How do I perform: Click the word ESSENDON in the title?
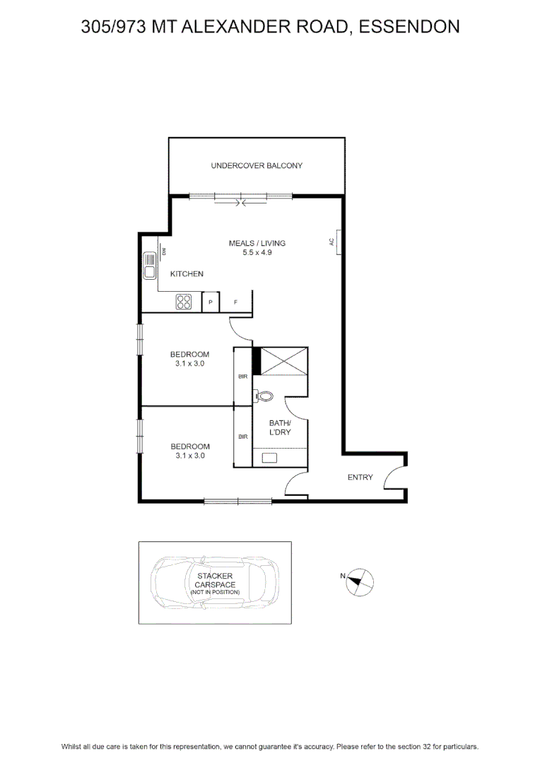(x=409, y=26)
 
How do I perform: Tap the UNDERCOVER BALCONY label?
(x=257, y=165)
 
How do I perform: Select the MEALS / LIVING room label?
(x=257, y=243)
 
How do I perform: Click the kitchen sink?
(x=150, y=266)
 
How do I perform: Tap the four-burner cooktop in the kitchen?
(x=184, y=302)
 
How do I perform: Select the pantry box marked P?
(x=211, y=302)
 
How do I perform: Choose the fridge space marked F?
(x=235, y=302)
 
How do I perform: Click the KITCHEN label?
(x=187, y=274)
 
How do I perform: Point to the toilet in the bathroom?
(x=264, y=396)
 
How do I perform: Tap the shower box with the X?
(x=284, y=361)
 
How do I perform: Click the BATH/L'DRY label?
(x=280, y=427)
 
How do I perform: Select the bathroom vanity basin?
(x=269, y=457)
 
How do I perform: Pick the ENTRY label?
(x=360, y=478)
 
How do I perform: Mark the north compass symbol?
(x=359, y=582)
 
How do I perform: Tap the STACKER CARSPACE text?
(x=215, y=580)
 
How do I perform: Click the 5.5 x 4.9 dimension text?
(x=257, y=252)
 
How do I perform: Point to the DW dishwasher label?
(x=164, y=252)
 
